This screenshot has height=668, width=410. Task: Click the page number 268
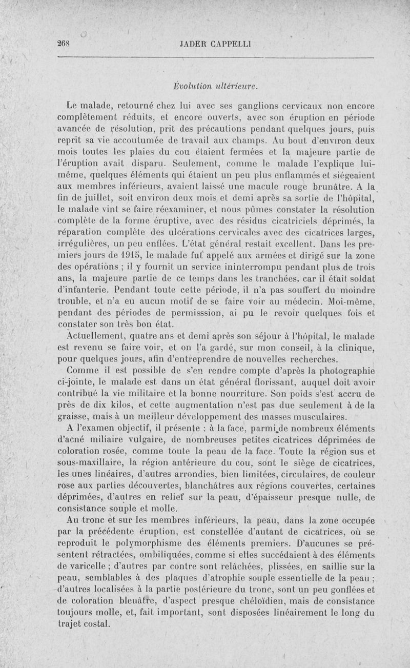(64, 44)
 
